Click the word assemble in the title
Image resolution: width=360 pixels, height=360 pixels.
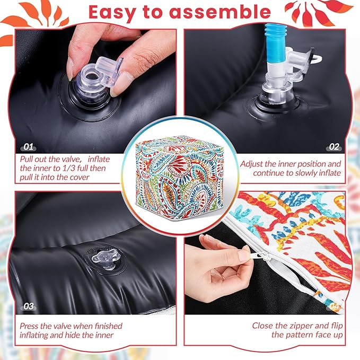pos(220,12)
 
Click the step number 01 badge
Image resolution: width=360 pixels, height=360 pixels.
pos(29,147)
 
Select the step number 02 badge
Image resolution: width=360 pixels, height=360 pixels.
pos(334,147)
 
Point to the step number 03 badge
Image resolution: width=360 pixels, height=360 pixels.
pos(29,306)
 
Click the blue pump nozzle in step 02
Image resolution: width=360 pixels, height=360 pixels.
pos(275,43)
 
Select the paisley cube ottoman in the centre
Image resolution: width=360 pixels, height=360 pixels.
pos(180,177)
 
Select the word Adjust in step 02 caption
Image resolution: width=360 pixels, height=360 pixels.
pos(251,164)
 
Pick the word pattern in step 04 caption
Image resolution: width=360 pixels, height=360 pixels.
pos(300,335)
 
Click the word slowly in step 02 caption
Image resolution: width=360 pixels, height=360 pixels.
pos(299,173)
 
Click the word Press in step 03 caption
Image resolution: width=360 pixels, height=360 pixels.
pos(29,326)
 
